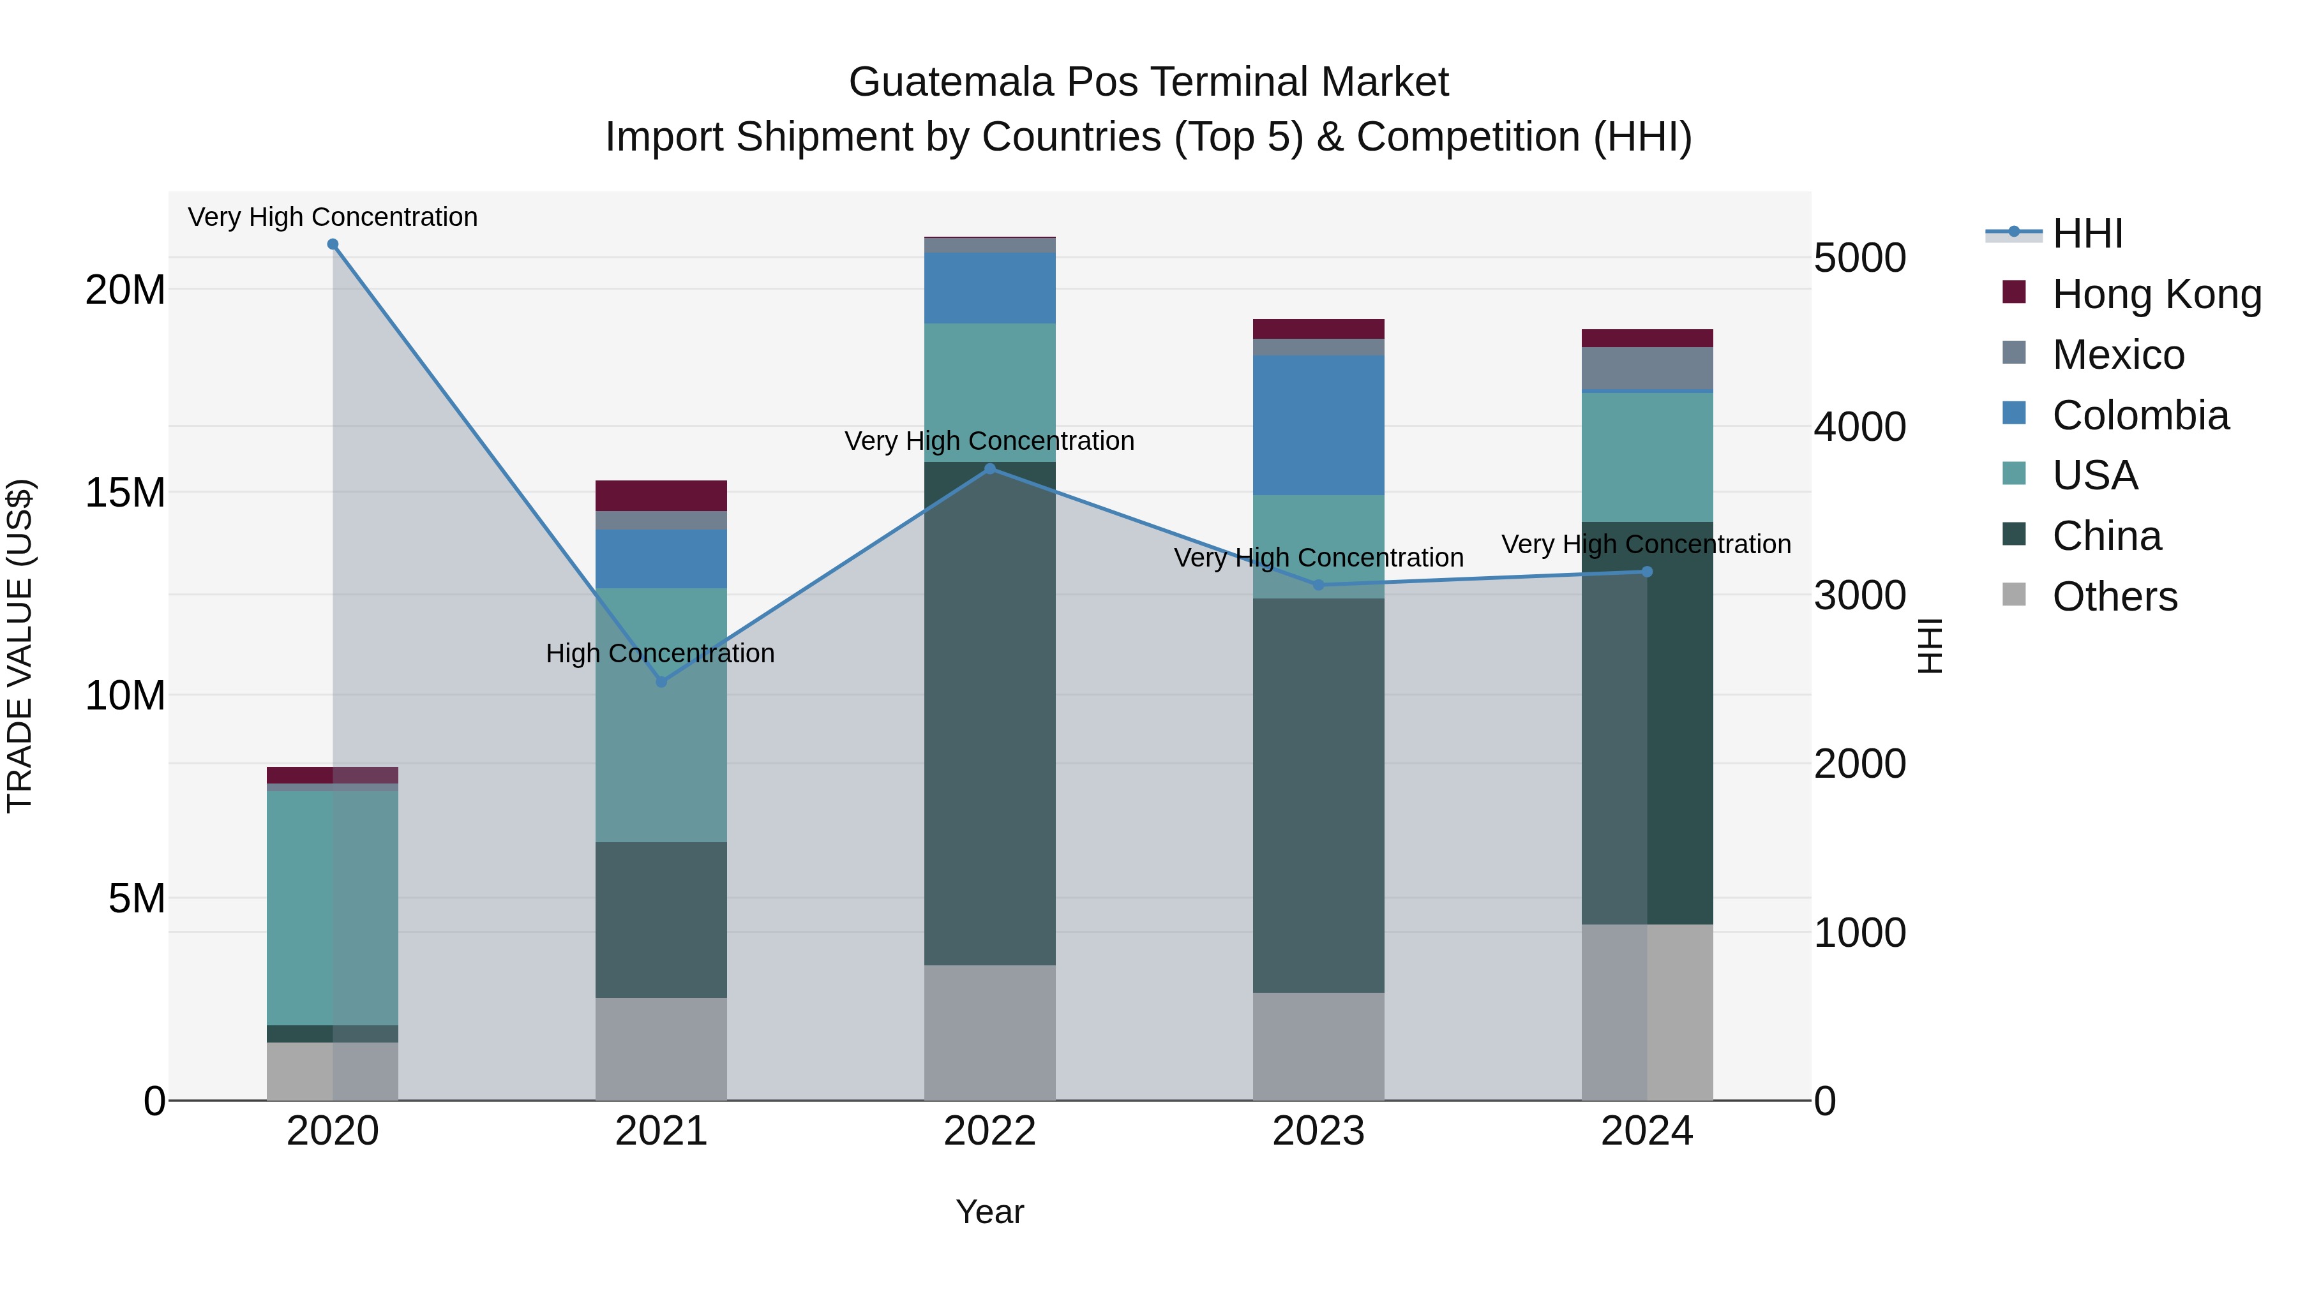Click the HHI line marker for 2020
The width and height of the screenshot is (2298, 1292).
pos(333,244)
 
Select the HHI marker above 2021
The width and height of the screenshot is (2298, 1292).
pos(661,682)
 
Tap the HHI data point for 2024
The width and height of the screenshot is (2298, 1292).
pos(1647,572)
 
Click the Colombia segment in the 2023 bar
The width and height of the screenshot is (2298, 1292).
pos(1319,426)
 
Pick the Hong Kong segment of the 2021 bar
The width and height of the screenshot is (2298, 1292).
pos(661,496)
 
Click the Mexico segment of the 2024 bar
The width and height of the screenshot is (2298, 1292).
pos(1647,368)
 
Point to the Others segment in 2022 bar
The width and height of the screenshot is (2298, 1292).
pos(989,1032)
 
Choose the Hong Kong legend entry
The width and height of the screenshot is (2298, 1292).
pos(2156,294)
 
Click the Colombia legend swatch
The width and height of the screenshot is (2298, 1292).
pos(2015,413)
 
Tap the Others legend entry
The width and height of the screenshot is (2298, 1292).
pos(2114,597)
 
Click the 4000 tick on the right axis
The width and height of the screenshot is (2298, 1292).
pos(1860,426)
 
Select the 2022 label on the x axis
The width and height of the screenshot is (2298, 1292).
pos(989,1131)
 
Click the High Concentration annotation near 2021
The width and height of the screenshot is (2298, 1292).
pos(660,653)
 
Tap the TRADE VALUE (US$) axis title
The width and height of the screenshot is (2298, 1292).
pos(20,646)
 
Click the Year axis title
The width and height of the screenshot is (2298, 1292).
pos(989,1212)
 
